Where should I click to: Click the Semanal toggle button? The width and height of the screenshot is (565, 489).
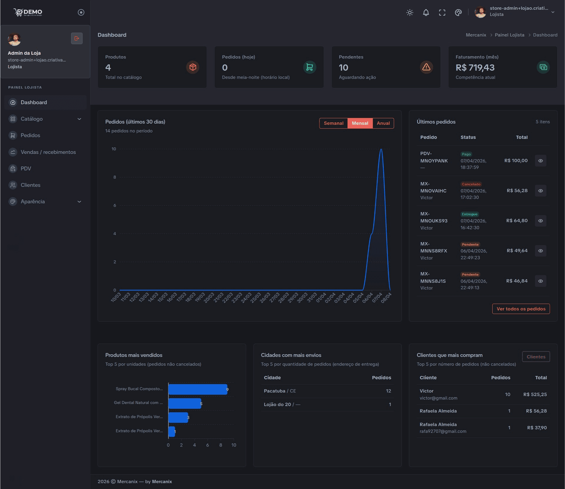point(333,123)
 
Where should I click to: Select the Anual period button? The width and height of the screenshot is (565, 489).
point(383,123)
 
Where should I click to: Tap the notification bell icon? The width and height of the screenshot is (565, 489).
point(426,12)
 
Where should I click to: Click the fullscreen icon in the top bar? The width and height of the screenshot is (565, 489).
point(442,12)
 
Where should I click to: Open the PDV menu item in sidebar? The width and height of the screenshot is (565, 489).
point(26,169)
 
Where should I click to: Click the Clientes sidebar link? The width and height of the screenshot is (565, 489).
point(30,185)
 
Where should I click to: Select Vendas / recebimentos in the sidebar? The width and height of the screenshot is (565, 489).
point(48,152)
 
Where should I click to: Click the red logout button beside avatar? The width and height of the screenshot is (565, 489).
point(77,38)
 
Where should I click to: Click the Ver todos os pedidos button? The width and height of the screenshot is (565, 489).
point(521,309)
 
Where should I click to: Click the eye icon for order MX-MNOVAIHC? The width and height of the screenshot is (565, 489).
point(541,191)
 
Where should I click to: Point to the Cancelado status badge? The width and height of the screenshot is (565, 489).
point(471,184)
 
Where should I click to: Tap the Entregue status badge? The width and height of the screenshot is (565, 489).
point(469,214)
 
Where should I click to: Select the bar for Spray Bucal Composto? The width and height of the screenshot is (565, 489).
point(197,389)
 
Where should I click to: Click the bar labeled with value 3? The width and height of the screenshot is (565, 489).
point(178,418)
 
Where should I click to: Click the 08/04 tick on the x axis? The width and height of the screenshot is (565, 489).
point(387,297)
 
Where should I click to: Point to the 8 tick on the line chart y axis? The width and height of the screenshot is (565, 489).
point(114,177)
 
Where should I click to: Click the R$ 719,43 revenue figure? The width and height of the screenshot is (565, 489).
point(475,68)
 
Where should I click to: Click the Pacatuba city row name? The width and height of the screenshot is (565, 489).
point(275,391)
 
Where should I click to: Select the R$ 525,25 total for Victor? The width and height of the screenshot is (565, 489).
point(535,395)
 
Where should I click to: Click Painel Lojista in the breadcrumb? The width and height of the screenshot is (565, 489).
point(509,35)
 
